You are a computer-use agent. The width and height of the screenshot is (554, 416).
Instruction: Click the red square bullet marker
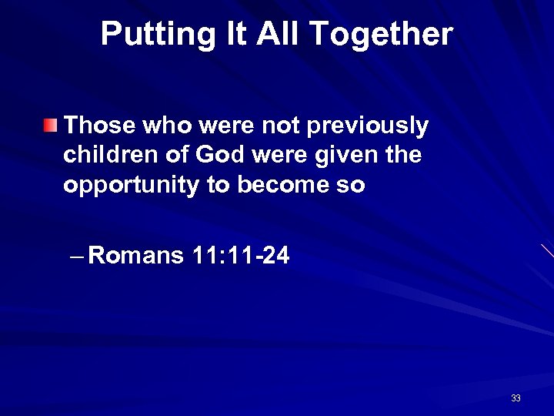50,125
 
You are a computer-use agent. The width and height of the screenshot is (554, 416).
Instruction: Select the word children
110,155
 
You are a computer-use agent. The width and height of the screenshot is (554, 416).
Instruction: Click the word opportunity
128,186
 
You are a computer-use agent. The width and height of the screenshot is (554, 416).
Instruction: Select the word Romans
136,256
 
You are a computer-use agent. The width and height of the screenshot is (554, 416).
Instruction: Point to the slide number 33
516,398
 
